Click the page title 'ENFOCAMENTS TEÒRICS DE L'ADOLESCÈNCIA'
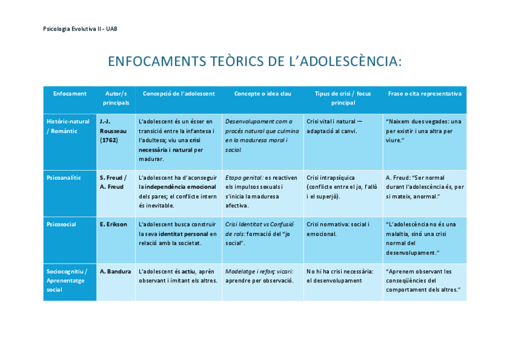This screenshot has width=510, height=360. [254, 62]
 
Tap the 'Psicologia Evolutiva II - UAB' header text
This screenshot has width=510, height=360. [81, 28]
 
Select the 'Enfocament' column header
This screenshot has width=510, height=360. [70, 94]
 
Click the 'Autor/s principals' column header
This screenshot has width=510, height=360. [116, 98]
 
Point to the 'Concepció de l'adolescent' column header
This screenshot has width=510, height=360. [179, 94]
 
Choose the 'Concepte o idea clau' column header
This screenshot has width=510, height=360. [262, 94]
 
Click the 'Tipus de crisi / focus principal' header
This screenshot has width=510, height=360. [343, 98]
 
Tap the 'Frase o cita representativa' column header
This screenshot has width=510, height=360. [425, 94]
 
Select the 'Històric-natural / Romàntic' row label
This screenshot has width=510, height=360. [68, 126]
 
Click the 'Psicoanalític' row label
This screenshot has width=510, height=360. [64, 178]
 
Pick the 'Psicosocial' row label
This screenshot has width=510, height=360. [61, 224]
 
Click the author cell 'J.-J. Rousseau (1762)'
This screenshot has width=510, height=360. [114, 130]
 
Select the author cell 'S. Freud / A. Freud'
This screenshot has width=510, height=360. [113, 182]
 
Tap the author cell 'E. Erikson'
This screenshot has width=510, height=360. [114, 224]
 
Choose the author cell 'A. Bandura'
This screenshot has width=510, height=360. [115, 271]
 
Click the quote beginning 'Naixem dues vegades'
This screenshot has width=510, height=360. [423, 130]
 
